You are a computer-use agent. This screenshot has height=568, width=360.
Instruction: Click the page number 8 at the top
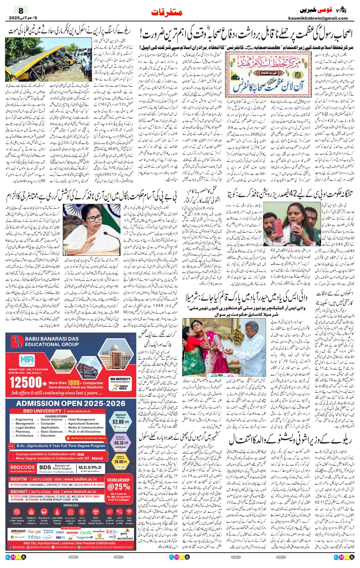click(x=21, y=11)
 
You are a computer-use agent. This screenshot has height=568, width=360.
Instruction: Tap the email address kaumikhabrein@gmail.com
click(x=318, y=18)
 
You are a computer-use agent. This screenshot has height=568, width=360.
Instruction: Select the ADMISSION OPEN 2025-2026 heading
click(x=71, y=403)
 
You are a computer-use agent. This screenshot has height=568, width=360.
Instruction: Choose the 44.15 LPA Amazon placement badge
click(x=121, y=443)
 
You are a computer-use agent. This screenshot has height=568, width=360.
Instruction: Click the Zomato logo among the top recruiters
click(x=72, y=532)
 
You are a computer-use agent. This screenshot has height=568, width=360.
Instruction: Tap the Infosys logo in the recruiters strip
click(x=34, y=537)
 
